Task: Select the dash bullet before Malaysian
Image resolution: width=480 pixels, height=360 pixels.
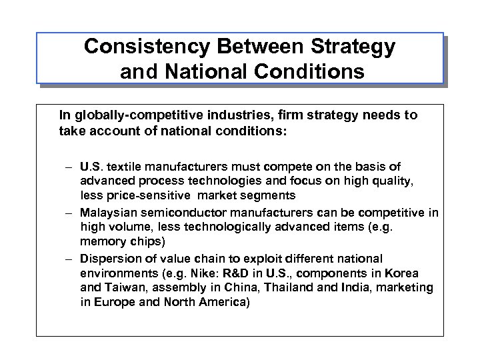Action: pos(69,213)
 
